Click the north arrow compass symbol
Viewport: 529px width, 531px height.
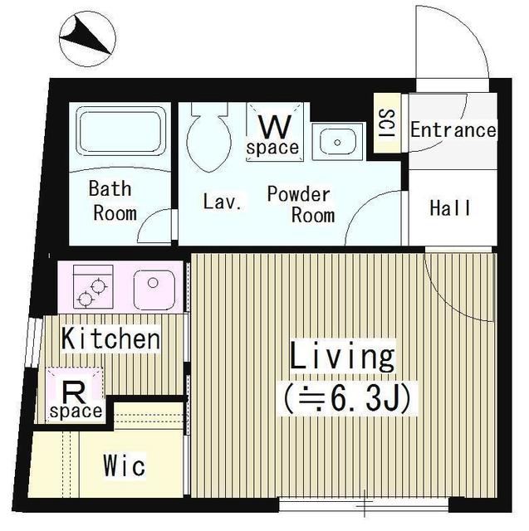87,39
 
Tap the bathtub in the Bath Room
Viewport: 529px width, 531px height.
121,131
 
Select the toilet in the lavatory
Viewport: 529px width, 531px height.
209,137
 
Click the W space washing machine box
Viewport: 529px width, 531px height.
274,132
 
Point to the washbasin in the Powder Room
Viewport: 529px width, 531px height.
337,142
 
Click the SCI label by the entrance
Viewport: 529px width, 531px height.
387,123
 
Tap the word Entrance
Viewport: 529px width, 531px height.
453,130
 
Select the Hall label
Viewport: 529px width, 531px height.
450,208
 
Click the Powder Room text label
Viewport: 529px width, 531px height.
300,205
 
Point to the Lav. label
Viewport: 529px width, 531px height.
223,201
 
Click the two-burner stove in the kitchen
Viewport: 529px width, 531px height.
93,286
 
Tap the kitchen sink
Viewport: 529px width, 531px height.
154,290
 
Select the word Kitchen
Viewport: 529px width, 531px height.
110,339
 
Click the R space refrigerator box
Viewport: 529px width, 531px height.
75,395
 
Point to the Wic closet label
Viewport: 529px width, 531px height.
125,465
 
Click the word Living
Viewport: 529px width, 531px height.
342,355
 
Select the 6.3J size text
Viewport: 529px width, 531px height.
347,398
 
